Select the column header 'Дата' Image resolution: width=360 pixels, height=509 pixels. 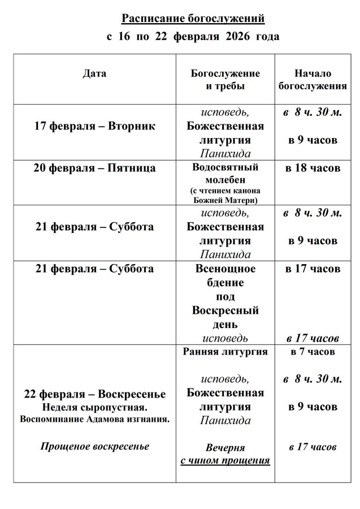tap(94, 74)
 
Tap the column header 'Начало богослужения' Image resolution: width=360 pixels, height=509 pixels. tap(313, 80)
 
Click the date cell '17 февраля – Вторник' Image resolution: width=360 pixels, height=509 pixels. tap(94, 126)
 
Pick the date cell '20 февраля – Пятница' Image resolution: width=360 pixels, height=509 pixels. tap(94, 168)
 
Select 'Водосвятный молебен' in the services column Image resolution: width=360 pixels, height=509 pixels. tap(225, 173)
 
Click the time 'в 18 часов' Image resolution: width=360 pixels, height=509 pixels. tap(313, 168)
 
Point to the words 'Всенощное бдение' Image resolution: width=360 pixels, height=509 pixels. tap(225, 275)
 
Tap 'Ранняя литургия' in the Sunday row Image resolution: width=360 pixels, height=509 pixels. tap(225, 352)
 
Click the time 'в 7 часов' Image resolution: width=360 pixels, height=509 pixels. tap(313, 352)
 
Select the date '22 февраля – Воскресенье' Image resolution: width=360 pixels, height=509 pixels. tap(94, 394)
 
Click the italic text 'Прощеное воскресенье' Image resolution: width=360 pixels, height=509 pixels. tap(94, 446)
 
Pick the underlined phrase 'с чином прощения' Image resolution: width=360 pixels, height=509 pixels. tap(225, 460)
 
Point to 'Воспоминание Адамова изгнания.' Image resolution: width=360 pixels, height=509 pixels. tap(94, 420)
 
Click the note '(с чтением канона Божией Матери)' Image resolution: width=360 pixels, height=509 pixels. tap(225, 195)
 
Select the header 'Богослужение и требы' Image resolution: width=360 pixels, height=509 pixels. tap(225, 80)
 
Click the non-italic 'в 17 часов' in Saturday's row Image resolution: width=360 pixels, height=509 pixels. tap(313, 268)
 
